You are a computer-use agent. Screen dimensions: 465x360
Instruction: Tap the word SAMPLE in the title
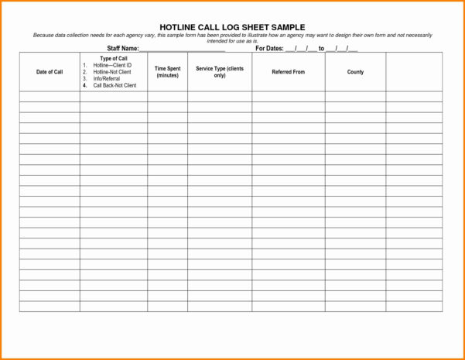click(x=284, y=27)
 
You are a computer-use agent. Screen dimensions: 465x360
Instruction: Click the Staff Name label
click(x=122, y=48)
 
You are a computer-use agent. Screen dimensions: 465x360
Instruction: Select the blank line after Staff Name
click(x=182, y=50)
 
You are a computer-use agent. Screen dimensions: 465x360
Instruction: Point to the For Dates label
click(x=269, y=48)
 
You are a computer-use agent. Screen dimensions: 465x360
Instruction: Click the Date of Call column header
click(x=50, y=72)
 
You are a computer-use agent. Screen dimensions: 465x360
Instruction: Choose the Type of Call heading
click(x=114, y=59)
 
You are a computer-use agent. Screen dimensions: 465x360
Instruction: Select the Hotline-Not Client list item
click(x=112, y=72)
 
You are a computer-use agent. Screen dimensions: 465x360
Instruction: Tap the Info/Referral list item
click(x=107, y=78)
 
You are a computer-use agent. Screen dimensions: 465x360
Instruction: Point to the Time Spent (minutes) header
click(x=167, y=72)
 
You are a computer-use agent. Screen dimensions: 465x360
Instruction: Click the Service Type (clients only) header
click(x=220, y=72)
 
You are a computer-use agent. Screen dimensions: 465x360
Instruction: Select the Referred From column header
click(x=288, y=72)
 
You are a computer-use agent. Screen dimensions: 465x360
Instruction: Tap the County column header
click(x=355, y=72)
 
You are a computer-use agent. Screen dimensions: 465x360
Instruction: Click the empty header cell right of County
click(x=414, y=72)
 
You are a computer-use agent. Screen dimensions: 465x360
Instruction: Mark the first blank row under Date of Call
click(x=50, y=97)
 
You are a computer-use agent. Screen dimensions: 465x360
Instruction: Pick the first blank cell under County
click(x=355, y=97)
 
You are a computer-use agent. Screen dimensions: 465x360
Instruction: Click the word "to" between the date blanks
click(x=322, y=48)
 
